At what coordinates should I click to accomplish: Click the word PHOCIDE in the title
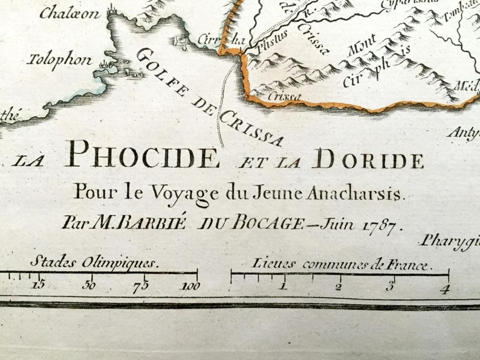[x=142, y=156]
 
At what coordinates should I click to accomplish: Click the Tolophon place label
[x=59, y=60]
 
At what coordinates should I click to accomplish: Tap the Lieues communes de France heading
[x=339, y=265]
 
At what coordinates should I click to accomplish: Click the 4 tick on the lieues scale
[x=446, y=288]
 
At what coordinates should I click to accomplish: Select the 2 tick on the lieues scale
[x=339, y=286]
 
